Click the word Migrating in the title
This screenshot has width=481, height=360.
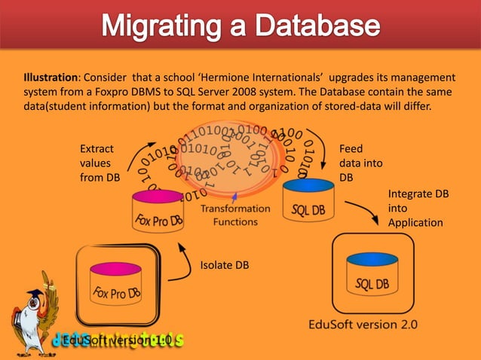click(x=159, y=27)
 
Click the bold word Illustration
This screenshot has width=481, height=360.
click(x=51, y=77)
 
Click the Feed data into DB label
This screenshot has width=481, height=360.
click(x=361, y=163)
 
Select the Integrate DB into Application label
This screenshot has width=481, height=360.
click(x=417, y=209)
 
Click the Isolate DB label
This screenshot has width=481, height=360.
click(x=224, y=264)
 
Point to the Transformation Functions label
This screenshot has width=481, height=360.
click(x=235, y=215)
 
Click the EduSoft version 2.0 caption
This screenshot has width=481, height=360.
click(x=363, y=325)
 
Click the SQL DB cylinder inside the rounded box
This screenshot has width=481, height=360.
click(x=372, y=275)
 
